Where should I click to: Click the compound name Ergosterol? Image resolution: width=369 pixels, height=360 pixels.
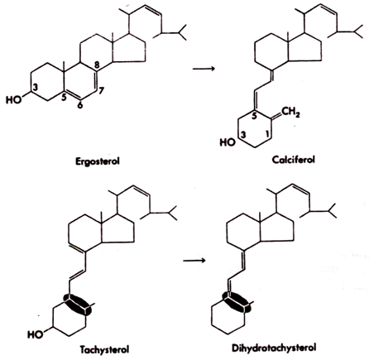click(x=98, y=161)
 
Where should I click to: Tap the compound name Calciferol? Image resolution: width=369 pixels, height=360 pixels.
click(x=293, y=160)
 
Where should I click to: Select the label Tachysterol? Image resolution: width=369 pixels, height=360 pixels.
click(x=104, y=350)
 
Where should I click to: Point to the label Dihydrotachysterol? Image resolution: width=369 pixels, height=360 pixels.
click(x=274, y=348)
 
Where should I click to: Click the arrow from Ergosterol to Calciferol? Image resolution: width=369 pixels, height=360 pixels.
click(x=204, y=69)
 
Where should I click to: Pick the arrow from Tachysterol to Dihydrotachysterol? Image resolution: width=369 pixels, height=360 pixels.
click(x=194, y=260)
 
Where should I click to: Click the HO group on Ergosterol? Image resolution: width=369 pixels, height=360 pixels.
click(x=13, y=99)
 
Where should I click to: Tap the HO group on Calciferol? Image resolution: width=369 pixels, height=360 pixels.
click(x=228, y=142)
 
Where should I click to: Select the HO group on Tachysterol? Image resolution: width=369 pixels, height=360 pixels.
click(x=36, y=334)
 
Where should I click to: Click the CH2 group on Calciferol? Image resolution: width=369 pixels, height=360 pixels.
click(x=290, y=113)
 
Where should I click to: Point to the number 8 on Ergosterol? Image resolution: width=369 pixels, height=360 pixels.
click(x=98, y=65)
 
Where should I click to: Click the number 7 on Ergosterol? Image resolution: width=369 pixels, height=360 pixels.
click(x=101, y=91)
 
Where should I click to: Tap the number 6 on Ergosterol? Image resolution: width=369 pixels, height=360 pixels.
click(x=80, y=105)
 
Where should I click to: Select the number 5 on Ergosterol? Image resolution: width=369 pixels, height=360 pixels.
click(x=64, y=97)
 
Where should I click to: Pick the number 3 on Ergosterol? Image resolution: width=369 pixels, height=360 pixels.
click(x=35, y=88)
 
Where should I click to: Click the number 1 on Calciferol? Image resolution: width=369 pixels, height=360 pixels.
click(x=266, y=134)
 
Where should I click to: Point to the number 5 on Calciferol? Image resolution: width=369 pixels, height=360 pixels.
click(x=254, y=116)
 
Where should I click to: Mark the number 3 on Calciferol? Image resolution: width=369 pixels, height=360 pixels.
click(x=243, y=135)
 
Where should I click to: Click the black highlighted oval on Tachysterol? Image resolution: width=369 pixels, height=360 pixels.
click(x=77, y=305)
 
